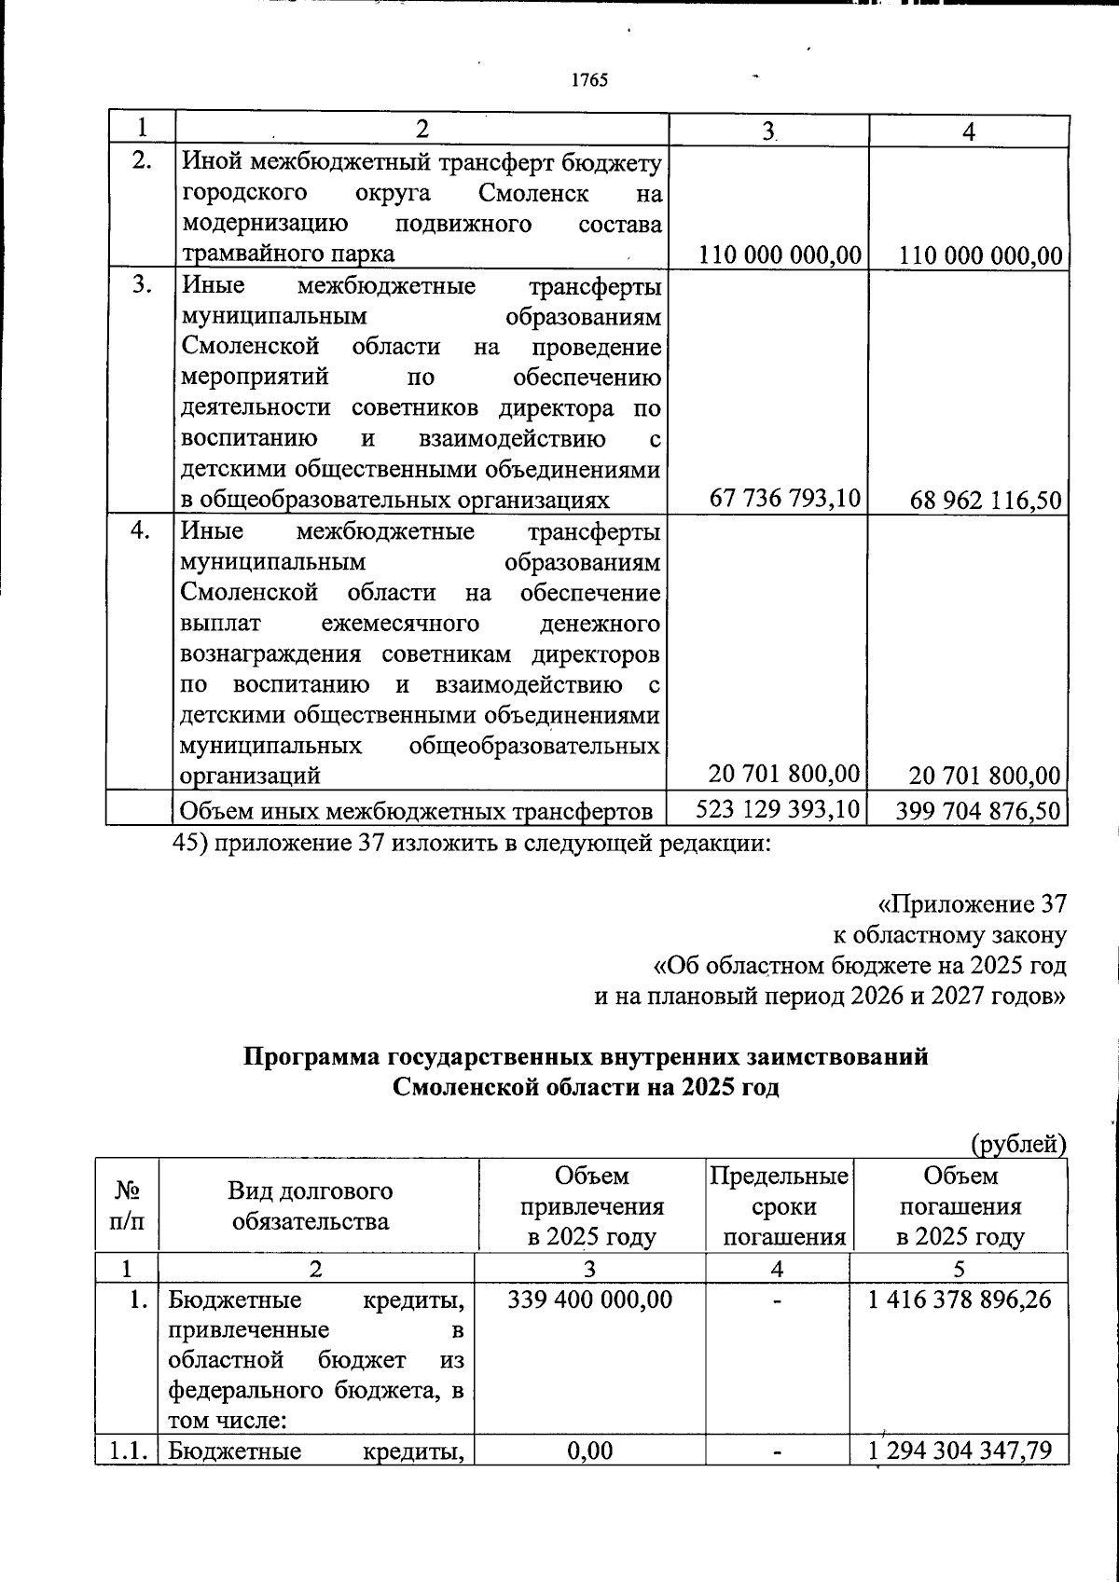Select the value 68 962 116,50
986,501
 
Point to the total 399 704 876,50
978,812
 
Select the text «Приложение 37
971,904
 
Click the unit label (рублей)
1018,1142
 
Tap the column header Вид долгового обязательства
311,1205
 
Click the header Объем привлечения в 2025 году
591,1205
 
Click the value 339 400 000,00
590,1299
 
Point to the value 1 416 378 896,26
960,1299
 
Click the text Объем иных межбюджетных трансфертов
416,812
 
